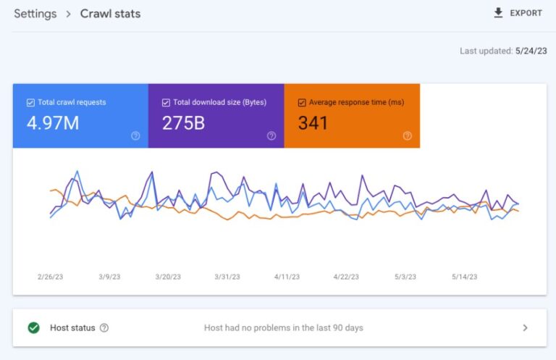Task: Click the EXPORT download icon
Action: (498, 13)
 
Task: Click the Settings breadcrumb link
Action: (35, 13)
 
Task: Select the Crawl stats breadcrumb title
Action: (110, 13)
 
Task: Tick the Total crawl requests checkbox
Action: (30, 103)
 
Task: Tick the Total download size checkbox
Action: (166, 103)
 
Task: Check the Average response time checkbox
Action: (302, 103)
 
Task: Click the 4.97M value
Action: (53, 123)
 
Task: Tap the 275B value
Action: (183, 123)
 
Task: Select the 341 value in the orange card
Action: (313, 123)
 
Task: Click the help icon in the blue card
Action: (135, 135)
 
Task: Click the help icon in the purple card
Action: (271, 135)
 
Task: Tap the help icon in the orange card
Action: (407, 135)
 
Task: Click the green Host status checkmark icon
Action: (33, 327)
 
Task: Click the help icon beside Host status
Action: (104, 327)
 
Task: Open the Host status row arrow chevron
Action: (525, 327)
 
